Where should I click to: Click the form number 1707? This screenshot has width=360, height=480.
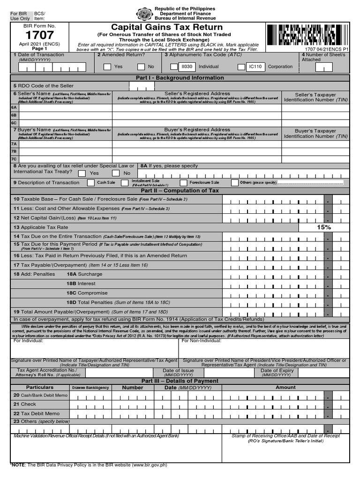tap(39, 35)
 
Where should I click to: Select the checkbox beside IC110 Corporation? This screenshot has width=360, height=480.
tap(241, 67)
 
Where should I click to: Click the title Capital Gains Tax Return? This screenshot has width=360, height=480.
tap(167, 27)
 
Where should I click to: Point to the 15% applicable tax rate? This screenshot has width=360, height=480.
tap(323, 227)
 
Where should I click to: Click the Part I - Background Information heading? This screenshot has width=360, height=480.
tap(180, 78)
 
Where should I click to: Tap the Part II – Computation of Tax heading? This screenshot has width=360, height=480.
tap(180, 191)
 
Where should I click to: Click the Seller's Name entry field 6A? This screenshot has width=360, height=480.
tap(65, 107)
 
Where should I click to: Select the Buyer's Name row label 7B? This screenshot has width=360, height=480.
tap(14, 151)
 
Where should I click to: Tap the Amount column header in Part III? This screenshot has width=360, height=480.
tap(285, 388)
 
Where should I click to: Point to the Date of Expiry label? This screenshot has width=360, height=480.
tap(277, 371)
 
